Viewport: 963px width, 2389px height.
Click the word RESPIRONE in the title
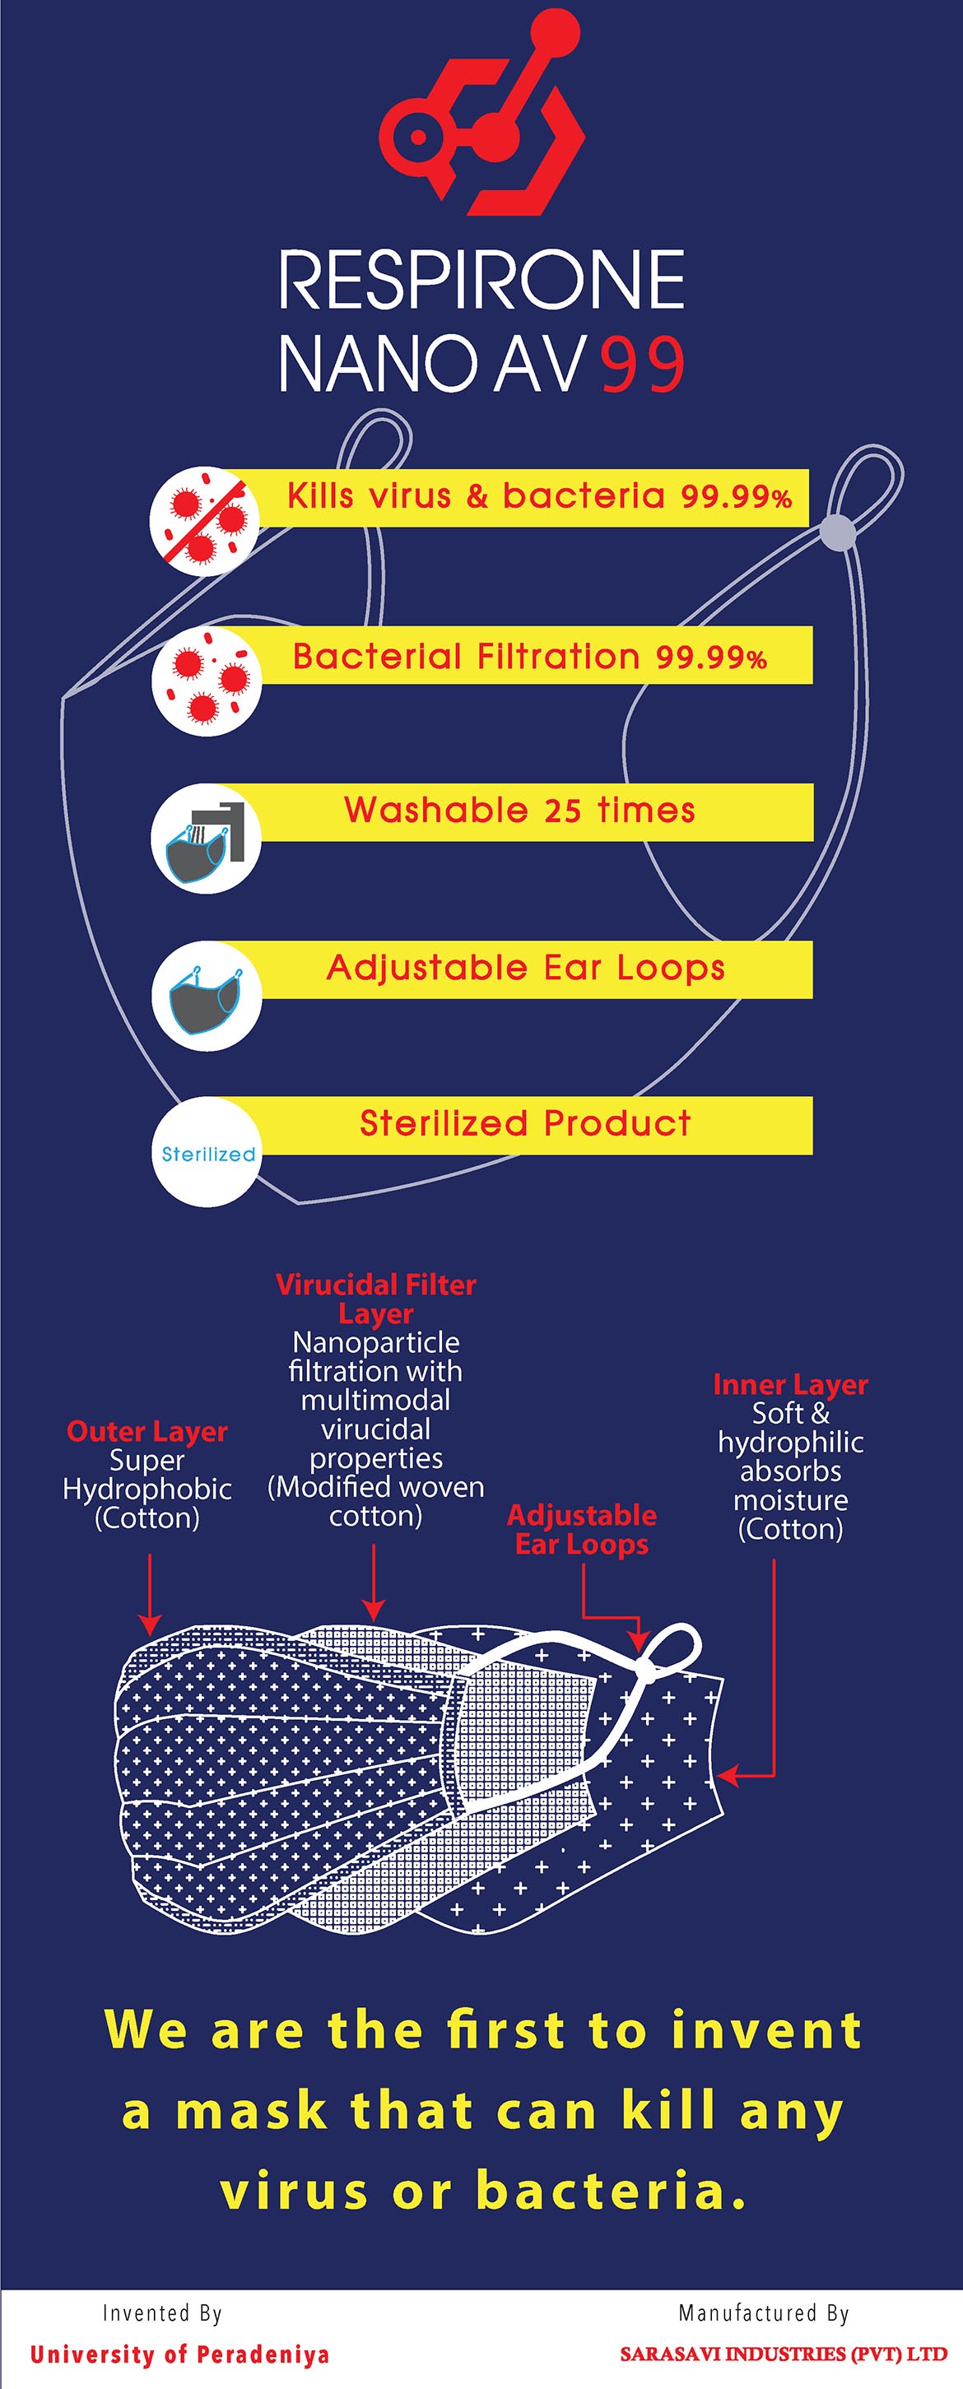[481, 279]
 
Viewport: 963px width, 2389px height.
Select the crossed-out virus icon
[205, 520]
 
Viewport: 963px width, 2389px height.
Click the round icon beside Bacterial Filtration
[206, 680]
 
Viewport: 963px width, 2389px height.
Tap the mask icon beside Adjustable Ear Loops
[206, 996]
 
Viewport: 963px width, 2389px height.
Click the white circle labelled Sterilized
[207, 1152]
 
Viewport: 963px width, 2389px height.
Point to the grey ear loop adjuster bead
[838, 532]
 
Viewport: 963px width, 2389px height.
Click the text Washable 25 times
[519, 811]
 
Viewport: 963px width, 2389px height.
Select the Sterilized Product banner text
[525, 1123]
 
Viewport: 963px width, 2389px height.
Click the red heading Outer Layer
[147, 1431]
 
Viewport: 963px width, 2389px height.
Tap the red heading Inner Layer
[790, 1385]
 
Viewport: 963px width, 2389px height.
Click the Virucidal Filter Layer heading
[376, 1299]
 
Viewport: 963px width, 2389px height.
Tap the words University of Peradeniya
[179, 2354]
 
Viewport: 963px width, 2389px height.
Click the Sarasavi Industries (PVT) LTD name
[784, 2354]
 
